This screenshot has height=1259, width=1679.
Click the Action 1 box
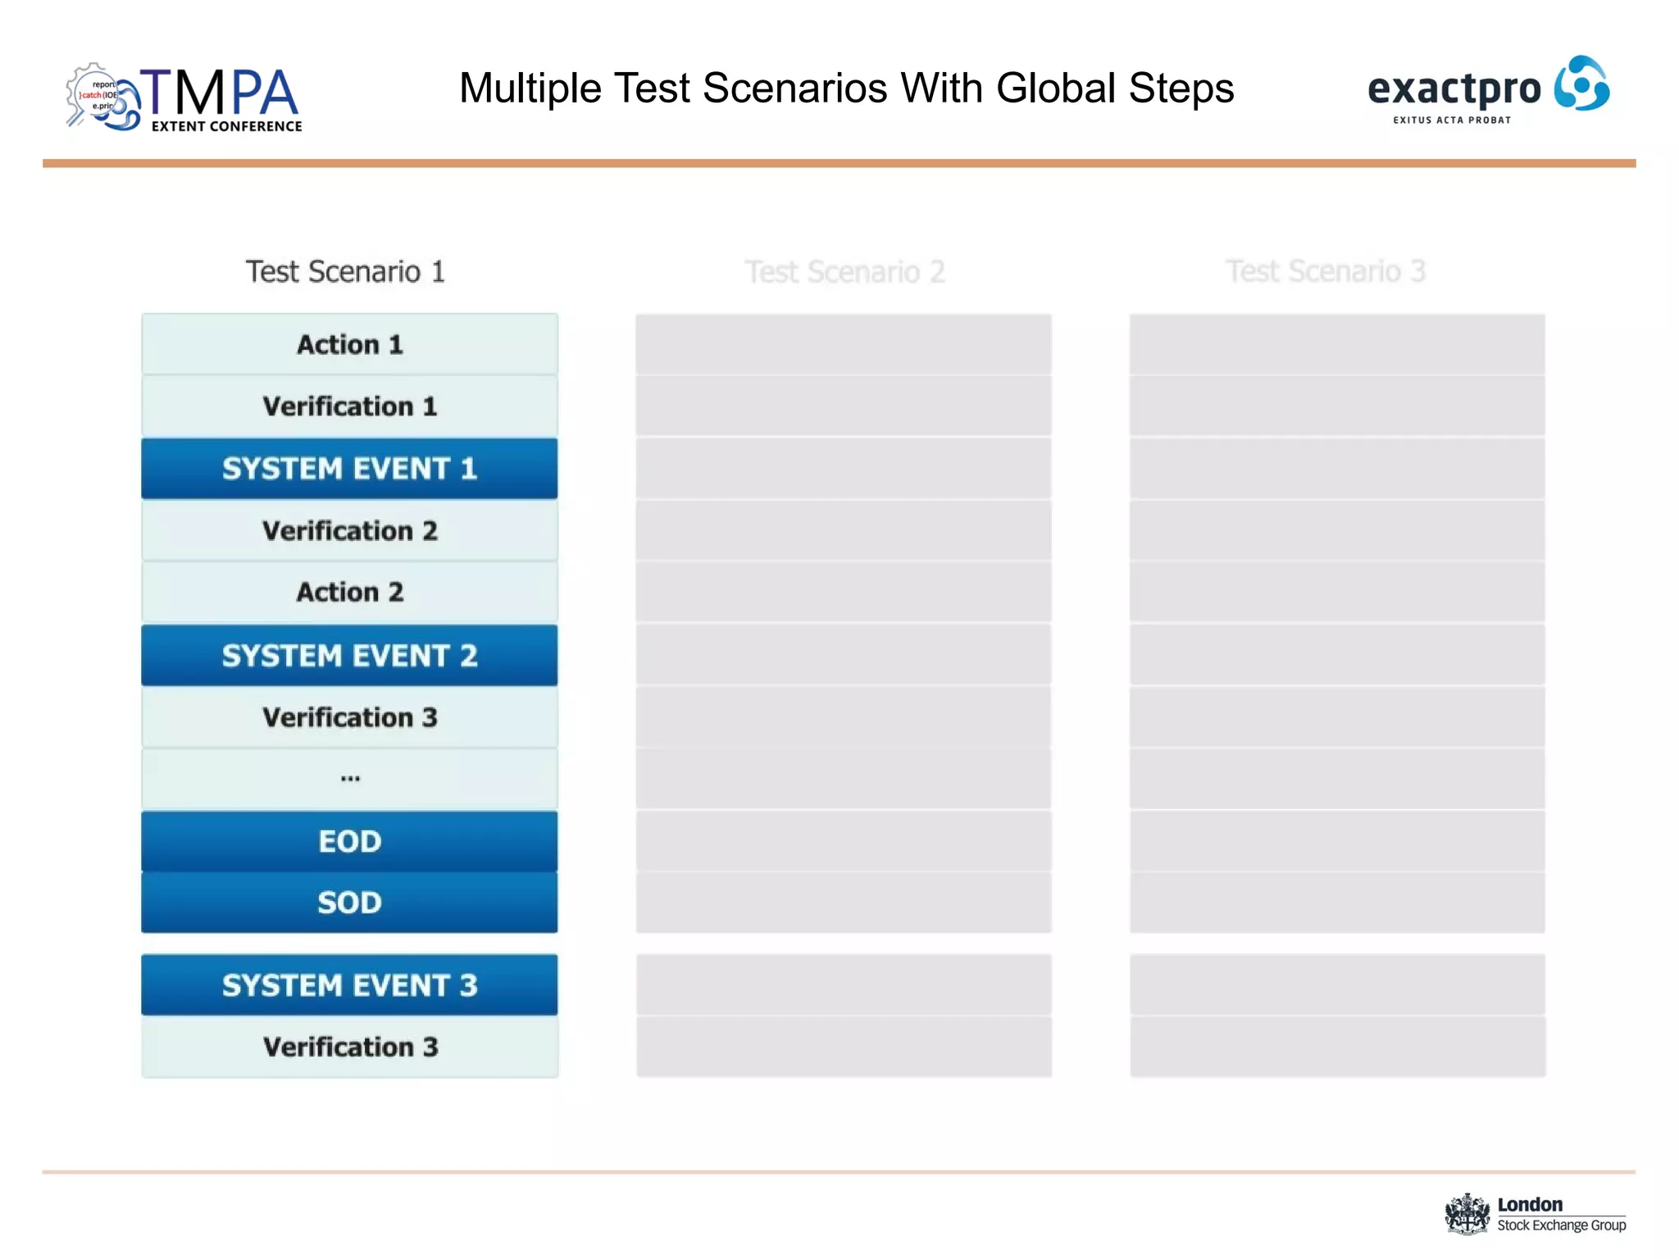[349, 344]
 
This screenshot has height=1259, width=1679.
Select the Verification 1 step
[349, 407]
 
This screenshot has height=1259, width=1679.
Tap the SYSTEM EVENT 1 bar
[349, 469]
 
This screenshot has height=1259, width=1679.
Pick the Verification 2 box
[349, 531]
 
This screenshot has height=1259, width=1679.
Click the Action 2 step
[349, 592]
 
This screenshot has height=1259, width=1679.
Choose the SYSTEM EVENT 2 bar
[349, 656]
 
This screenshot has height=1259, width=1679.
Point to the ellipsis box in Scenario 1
[349, 779]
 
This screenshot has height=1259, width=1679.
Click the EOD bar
[349, 842]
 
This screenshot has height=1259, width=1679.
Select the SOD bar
[349, 902]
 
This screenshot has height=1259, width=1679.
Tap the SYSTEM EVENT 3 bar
[349, 985]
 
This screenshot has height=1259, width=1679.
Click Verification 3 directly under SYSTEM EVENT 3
[349, 1047]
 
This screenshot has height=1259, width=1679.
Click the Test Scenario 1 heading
[345, 271]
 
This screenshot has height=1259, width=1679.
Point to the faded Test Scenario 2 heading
[844, 271]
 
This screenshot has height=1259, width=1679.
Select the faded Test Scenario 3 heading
[1326, 271]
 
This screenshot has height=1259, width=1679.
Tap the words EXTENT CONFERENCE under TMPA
[226, 126]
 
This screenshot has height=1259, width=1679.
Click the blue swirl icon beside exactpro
[1581, 84]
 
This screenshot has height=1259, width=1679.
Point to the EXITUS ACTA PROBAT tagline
[1452, 120]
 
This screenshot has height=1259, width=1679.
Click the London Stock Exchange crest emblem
[1467, 1214]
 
